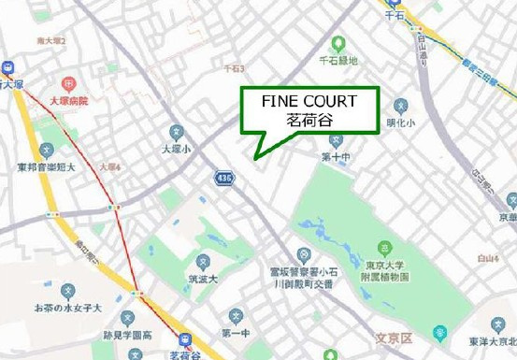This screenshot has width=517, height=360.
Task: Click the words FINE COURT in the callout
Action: pyautogui.click(x=309, y=101)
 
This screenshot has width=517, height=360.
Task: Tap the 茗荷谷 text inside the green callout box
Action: pyautogui.click(x=309, y=121)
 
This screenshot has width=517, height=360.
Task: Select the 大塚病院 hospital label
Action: pyautogui.click(x=67, y=99)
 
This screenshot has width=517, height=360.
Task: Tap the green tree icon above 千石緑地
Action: pyautogui.click(x=338, y=43)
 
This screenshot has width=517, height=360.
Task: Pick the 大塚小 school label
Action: pyautogui.click(x=175, y=148)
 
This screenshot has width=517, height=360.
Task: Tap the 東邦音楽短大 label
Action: pyautogui.click(x=45, y=168)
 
